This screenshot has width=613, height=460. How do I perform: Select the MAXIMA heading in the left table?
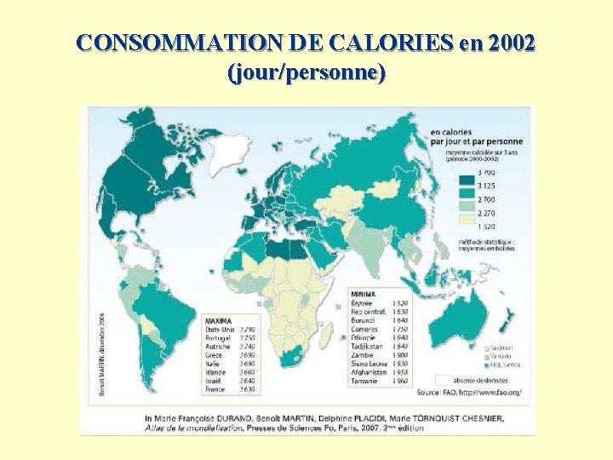[x=218, y=320]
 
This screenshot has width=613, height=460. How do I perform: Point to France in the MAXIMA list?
[x=215, y=389]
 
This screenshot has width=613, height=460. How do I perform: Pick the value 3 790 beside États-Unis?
[x=246, y=330]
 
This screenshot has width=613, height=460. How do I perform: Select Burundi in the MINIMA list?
[x=364, y=320]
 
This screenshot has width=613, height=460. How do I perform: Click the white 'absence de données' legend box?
[x=443, y=379]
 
